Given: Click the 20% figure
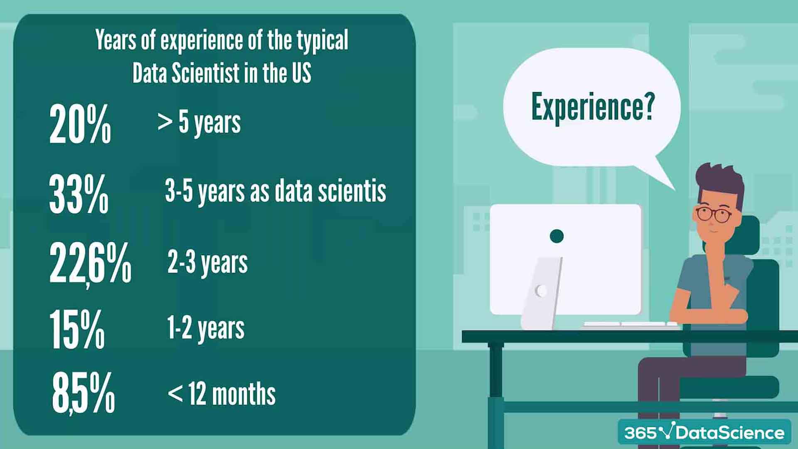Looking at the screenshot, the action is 80,124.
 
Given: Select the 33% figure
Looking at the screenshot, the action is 79,194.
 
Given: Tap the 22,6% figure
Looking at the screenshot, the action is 90,264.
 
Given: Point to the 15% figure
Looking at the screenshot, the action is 77,330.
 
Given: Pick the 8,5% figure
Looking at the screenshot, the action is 83,393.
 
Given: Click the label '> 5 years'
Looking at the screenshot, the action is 199,123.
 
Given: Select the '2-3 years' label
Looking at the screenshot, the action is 207,263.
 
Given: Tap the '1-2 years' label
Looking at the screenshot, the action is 206,328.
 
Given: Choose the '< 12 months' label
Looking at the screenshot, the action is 222,394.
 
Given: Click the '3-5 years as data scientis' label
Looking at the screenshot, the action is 276,191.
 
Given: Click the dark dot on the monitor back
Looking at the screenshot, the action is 557,236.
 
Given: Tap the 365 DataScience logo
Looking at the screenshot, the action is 704,433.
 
